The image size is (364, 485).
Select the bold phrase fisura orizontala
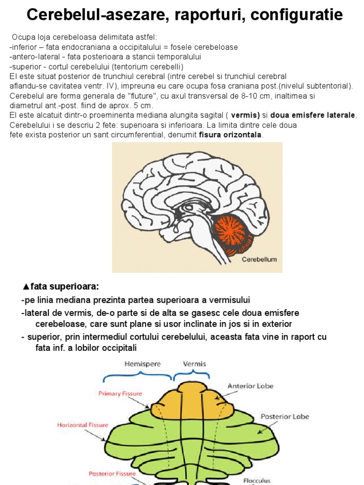point(230,135)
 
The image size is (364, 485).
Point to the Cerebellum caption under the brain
point(259,260)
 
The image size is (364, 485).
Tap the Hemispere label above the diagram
point(143,364)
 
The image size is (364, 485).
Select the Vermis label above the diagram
point(194,364)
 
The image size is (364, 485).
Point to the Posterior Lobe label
point(285,416)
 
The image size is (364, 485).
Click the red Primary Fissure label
point(120,393)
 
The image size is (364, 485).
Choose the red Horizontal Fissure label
point(82,425)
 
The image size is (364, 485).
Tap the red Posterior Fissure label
point(112,473)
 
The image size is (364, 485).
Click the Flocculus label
point(257,480)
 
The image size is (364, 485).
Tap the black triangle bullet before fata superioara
point(26,287)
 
